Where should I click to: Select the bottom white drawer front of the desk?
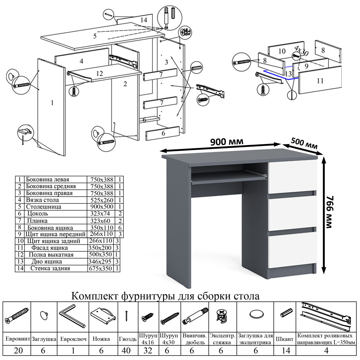pyautogui.click(x=292, y=251)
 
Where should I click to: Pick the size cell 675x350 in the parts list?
pyautogui.click(x=101, y=269)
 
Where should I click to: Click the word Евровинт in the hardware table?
pyautogui.click(x=17, y=339)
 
